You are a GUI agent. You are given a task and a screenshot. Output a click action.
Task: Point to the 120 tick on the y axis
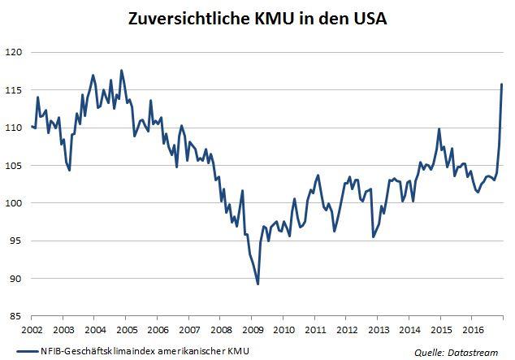coord(15,52)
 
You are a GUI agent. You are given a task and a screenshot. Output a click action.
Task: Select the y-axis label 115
coord(15,90)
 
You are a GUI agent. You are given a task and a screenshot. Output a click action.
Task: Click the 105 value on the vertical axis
coord(15,166)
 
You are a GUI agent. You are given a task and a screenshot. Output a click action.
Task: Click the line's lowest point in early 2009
coord(257,284)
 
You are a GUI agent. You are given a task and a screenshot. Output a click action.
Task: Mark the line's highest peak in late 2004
coord(122,71)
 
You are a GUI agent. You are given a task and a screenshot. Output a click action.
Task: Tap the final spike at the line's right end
coord(502,85)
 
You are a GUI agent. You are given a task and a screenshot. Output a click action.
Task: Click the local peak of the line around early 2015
coord(439,129)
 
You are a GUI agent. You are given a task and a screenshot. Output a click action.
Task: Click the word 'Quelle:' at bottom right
coord(429,351)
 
